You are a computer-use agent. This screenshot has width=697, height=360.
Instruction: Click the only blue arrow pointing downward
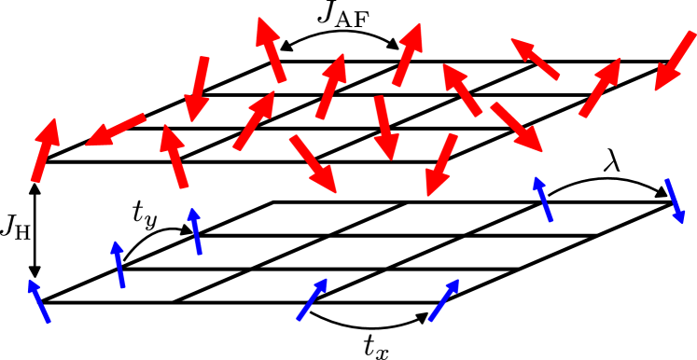(x=675, y=201)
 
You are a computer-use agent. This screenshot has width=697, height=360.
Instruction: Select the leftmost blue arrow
(x=38, y=300)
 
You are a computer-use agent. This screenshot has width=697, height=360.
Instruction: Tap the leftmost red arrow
(x=45, y=149)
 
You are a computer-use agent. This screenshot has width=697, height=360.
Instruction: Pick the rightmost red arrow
(x=675, y=61)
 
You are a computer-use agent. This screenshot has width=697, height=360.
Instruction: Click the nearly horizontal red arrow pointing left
(x=116, y=131)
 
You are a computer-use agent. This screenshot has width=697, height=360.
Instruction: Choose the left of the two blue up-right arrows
(x=313, y=298)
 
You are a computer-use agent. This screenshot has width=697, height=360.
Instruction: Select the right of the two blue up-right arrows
(x=443, y=299)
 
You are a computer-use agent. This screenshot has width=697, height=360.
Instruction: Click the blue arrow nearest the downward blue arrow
(x=543, y=199)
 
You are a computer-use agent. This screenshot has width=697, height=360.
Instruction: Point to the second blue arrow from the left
(x=118, y=264)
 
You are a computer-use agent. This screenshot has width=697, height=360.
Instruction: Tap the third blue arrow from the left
(x=195, y=230)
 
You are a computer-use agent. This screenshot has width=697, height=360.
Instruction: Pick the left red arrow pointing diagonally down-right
(x=313, y=164)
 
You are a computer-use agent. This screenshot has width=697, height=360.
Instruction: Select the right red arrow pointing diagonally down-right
(x=516, y=127)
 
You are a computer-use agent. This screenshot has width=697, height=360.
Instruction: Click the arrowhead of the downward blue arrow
(x=680, y=217)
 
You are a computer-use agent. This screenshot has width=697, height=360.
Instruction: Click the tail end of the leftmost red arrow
(x=35, y=181)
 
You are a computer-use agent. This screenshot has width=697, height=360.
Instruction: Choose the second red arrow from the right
(x=600, y=87)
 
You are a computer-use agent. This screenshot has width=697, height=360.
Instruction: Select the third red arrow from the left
(x=174, y=157)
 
